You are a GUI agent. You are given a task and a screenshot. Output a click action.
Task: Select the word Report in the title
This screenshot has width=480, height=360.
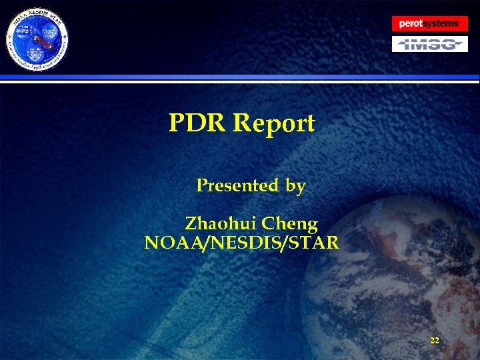274,124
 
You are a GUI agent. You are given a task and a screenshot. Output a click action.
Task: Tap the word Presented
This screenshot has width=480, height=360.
237,185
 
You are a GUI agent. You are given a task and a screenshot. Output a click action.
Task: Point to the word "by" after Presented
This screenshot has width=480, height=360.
295,186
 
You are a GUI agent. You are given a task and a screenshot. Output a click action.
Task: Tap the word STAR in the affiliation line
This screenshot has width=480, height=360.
313,243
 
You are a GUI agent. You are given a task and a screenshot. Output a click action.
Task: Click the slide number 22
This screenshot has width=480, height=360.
435,341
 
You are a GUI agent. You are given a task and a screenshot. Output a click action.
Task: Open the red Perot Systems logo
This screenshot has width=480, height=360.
430,24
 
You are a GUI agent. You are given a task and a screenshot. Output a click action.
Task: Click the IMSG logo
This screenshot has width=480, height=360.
430,45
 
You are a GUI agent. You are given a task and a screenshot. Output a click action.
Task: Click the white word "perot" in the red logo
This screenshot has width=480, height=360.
411,24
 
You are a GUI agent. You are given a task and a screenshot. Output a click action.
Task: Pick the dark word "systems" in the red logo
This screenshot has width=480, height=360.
441,24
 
